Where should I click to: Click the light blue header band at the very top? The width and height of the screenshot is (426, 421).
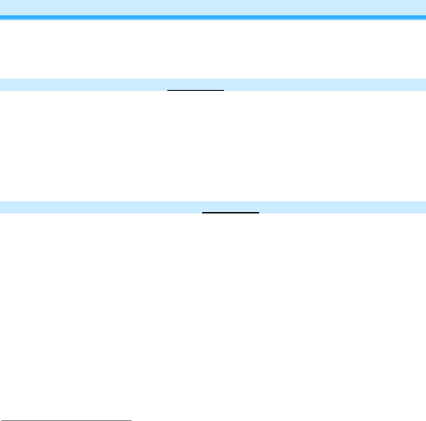pyautogui.click(x=213, y=7)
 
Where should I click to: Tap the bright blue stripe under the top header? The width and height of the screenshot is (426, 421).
pyautogui.click(x=213, y=17)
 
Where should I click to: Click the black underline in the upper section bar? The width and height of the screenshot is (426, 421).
pyautogui.click(x=195, y=90)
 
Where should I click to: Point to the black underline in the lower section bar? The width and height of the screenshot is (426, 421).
pyautogui.click(x=230, y=212)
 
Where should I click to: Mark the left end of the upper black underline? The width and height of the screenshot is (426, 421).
pyautogui.click(x=168, y=90)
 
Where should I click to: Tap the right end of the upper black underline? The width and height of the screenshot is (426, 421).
pyautogui.click(x=223, y=90)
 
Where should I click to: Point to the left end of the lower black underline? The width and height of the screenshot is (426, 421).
pyautogui.click(x=203, y=212)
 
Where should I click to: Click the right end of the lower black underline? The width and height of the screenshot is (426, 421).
pyautogui.click(x=258, y=212)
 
